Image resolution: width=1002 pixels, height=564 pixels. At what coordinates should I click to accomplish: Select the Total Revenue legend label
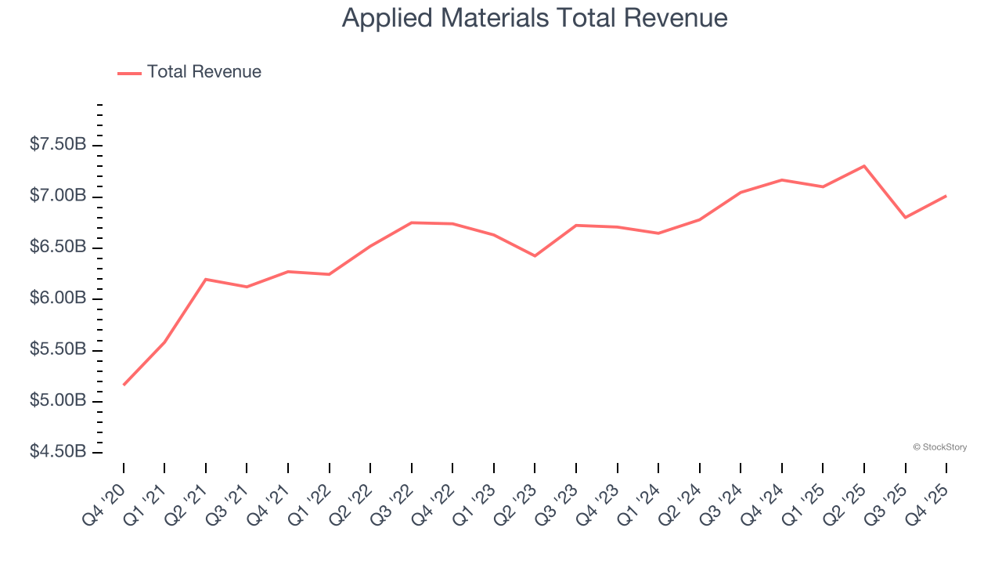pyautogui.click(x=204, y=72)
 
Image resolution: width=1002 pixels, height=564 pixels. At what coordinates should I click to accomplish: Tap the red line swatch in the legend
pyautogui.click(x=129, y=73)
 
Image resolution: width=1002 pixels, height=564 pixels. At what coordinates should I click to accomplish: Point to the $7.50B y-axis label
pyautogui.click(x=58, y=145)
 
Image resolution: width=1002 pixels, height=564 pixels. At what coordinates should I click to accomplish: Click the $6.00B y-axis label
pyautogui.click(x=58, y=298)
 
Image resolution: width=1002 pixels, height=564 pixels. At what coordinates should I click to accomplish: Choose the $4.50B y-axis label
pyautogui.click(x=58, y=452)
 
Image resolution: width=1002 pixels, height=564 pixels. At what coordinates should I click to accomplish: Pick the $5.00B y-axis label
pyautogui.click(x=58, y=401)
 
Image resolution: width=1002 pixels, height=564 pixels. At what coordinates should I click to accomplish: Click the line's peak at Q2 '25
pyautogui.click(x=863, y=166)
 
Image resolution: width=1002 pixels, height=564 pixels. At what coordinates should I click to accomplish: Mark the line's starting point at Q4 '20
pyautogui.click(x=124, y=385)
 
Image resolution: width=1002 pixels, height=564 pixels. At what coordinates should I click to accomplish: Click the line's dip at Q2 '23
pyautogui.click(x=535, y=256)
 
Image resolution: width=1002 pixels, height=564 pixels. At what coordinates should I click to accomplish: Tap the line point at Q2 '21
pyautogui.click(x=205, y=279)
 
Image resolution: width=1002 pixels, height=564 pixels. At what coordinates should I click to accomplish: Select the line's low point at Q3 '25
pyautogui.click(x=905, y=217)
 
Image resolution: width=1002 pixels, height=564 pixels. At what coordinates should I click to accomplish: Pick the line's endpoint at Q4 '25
pyautogui.click(x=946, y=196)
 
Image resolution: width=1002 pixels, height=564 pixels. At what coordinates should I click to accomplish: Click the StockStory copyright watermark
pyautogui.click(x=939, y=447)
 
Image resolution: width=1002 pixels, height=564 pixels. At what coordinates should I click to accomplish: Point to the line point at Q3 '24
pyautogui.click(x=741, y=192)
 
